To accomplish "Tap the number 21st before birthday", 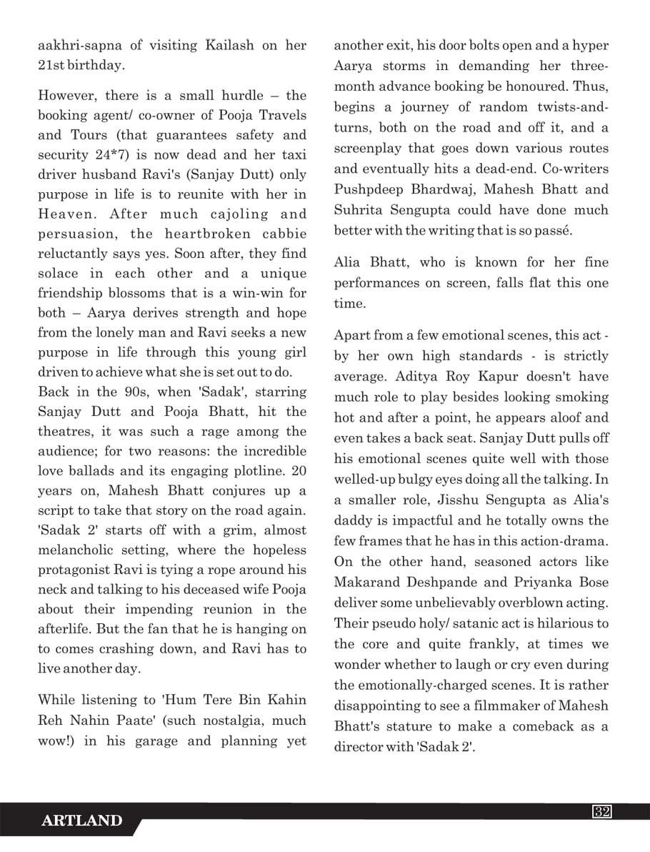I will (x=54, y=65).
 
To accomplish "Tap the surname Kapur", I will (x=499, y=377).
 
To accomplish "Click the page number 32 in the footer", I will (x=601, y=811).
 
